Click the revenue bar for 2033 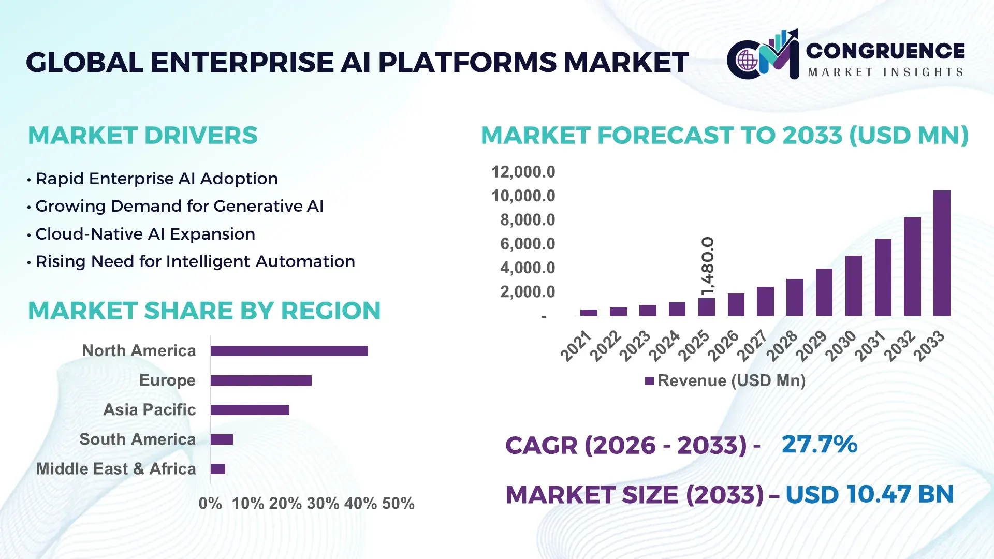pyautogui.click(x=942, y=253)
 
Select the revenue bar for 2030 pyautogui.click(x=853, y=286)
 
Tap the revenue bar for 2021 pyautogui.click(x=589, y=313)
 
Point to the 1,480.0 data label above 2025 pyautogui.click(x=708, y=266)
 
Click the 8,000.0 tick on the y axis pyautogui.click(x=527, y=220)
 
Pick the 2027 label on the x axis pyautogui.click(x=752, y=345)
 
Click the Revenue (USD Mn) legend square pyautogui.click(x=649, y=381)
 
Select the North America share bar pyautogui.click(x=289, y=351)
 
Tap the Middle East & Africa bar pyautogui.click(x=218, y=469)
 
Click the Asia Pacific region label pyautogui.click(x=149, y=409)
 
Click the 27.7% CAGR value pyautogui.click(x=819, y=444)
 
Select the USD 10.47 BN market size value pyautogui.click(x=869, y=494)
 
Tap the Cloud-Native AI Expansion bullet pyautogui.click(x=145, y=234)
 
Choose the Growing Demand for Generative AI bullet pyautogui.click(x=179, y=206)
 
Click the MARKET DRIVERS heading pyautogui.click(x=142, y=136)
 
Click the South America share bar pyautogui.click(x=222, y=439)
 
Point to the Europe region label pyautogui.click(x=167, y=380)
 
